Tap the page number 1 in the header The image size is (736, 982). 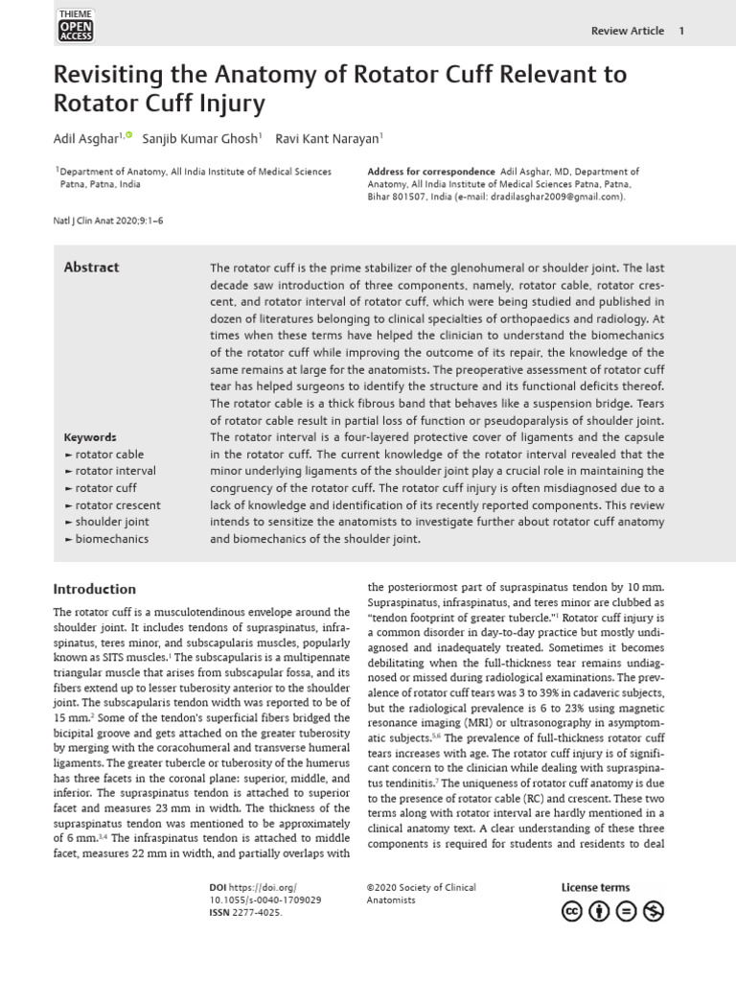tap(681, 31)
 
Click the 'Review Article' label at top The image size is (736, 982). tap(628, 31)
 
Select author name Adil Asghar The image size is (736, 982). tap(85, 139)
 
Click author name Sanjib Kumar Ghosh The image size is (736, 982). tap(199, 139)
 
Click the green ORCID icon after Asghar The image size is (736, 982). tap(129, 136)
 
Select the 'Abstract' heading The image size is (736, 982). tap(91, 268)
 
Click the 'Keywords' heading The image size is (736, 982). tap(90, 436)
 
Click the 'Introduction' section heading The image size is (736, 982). tap(94, 589)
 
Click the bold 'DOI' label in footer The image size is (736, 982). tap(218, 888)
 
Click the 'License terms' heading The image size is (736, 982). tap(595, 888)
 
